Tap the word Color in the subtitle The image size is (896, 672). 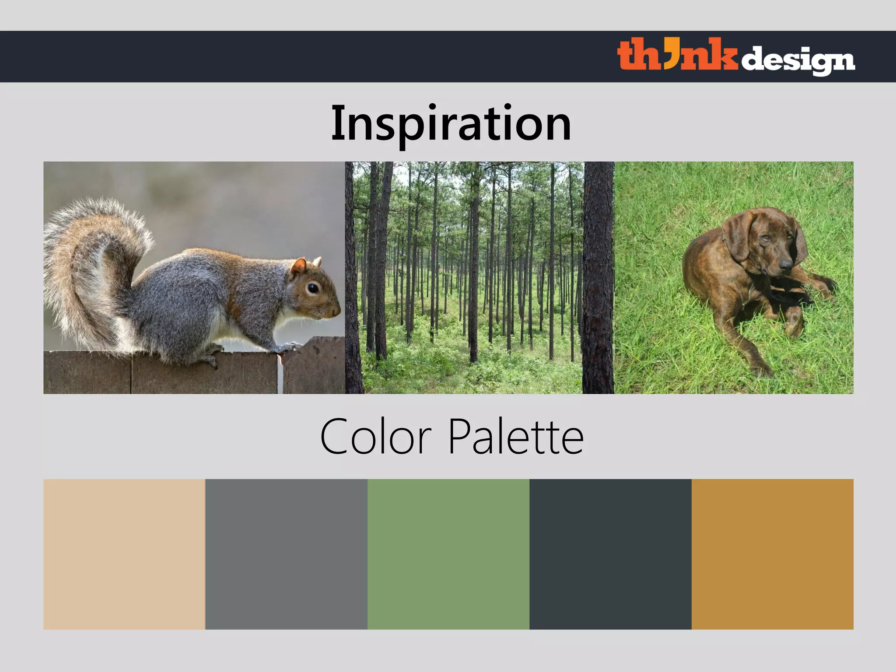pos(375,437)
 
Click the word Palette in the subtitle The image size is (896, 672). pos(516,437)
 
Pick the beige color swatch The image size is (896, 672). pos(124,554)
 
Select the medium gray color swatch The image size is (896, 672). pos(286,554)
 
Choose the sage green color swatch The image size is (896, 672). pos(448,554)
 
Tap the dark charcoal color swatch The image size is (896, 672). pos(610,554)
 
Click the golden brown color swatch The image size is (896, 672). pos(772,554)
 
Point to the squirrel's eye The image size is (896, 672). pos(312,288)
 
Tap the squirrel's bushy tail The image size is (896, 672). pos(87,262)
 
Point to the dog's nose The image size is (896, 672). pos(785,264)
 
